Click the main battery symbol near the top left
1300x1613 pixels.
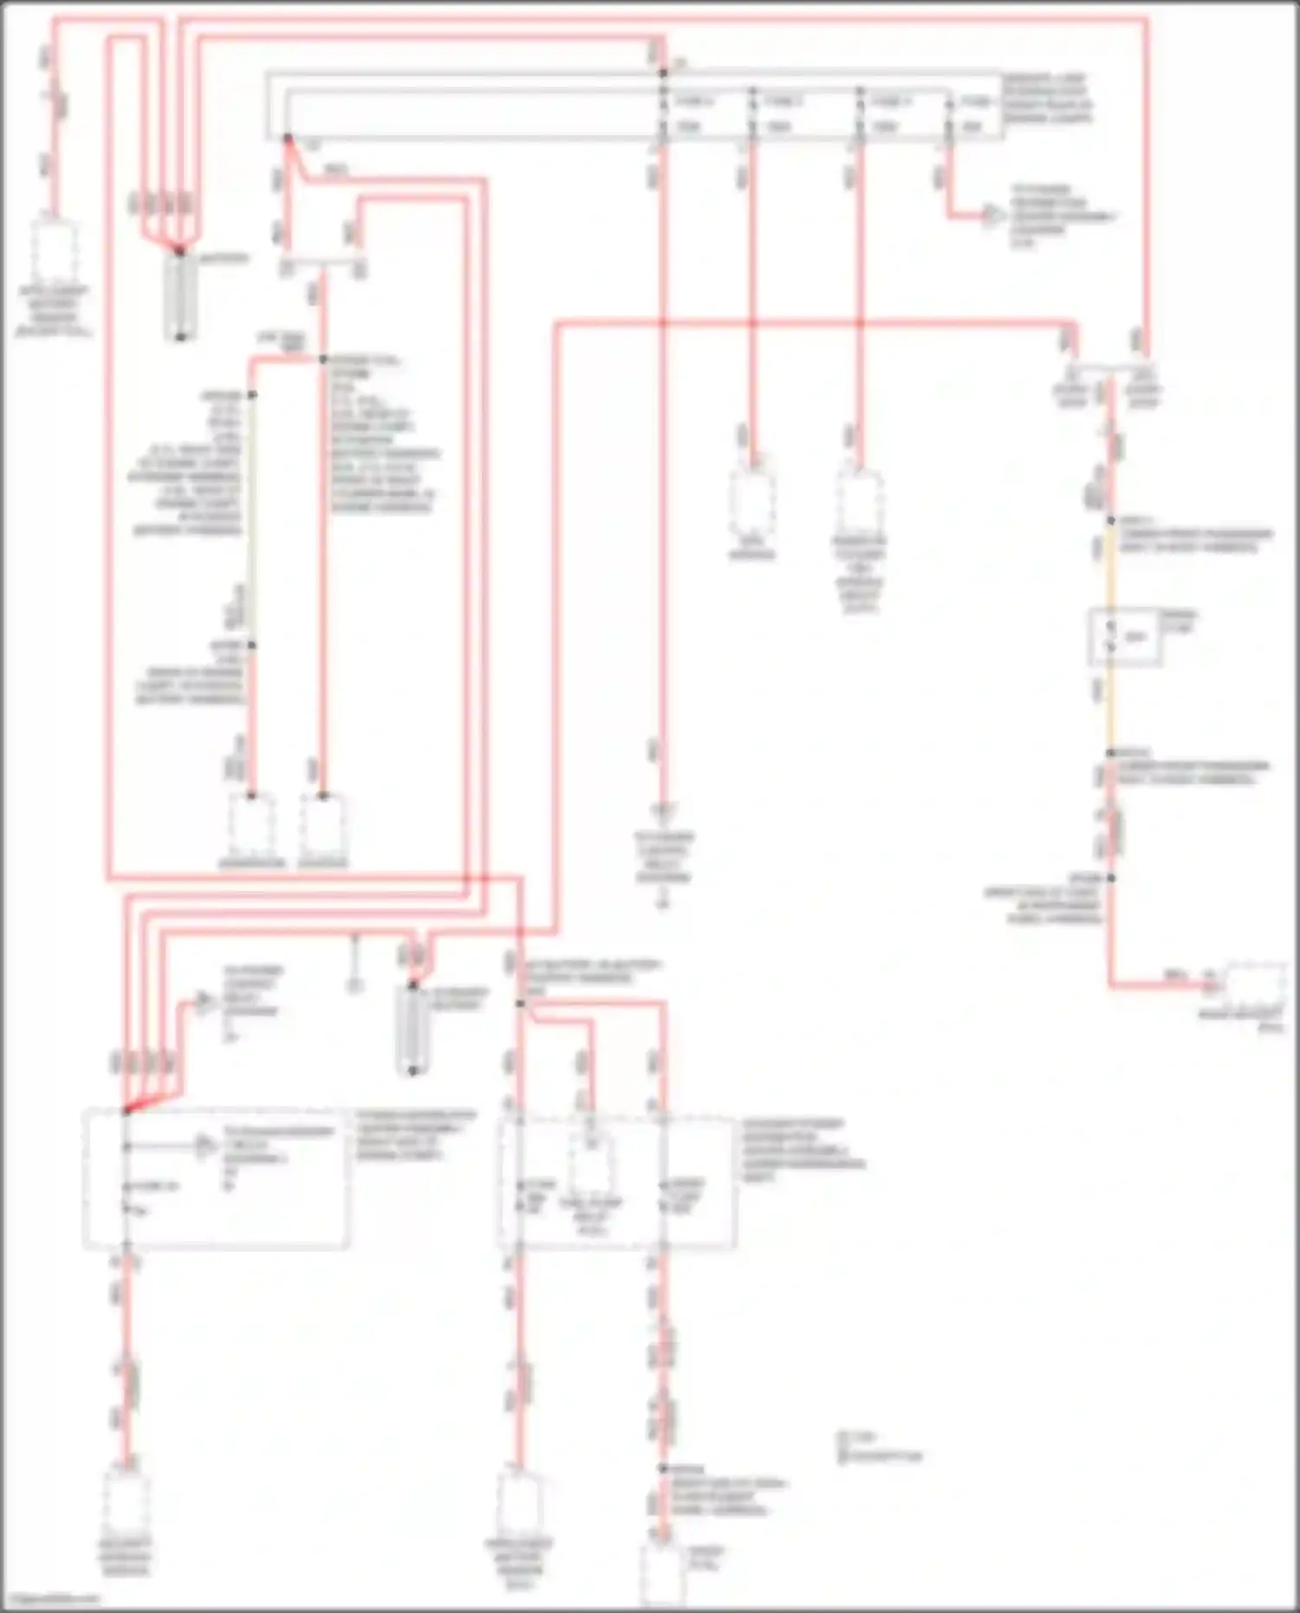[x=180, y=295]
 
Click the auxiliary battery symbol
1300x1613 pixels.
[x=413, y=1029]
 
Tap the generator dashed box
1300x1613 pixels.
[x=251, y=823]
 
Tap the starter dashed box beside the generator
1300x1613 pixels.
[x=322, y=823]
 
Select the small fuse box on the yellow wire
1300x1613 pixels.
[x=1125, y=637]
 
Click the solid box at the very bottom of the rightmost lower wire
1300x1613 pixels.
[x=663, y=1573]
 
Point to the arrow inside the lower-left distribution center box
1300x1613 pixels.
[x=205, y=1146]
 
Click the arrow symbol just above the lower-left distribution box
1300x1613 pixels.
[x=204, y=1003]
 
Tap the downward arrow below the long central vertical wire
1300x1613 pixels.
[x=663, y=812]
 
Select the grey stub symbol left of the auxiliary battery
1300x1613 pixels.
[x=354, y=984]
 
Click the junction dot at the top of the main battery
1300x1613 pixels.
[x=180, y=251]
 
